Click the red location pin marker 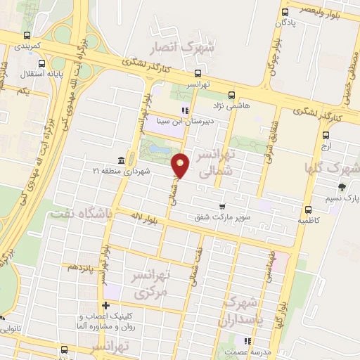click(181, 166)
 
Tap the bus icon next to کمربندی click(27, 35)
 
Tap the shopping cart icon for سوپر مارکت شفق click(222, 207)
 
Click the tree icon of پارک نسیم click(342, 186)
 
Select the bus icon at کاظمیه click(308, 210)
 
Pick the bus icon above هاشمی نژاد click(233, 96)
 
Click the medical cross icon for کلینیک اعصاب click(106, 305)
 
